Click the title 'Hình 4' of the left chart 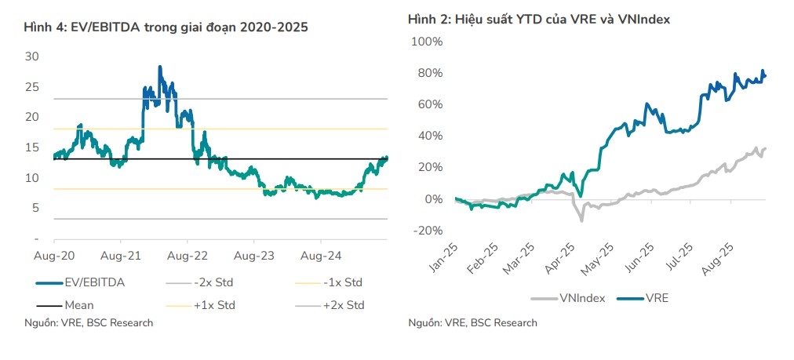166,27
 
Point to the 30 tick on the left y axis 31,56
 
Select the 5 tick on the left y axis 35,208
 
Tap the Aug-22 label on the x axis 188,256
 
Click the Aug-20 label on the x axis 54,256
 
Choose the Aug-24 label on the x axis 321,256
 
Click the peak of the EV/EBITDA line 160,67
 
